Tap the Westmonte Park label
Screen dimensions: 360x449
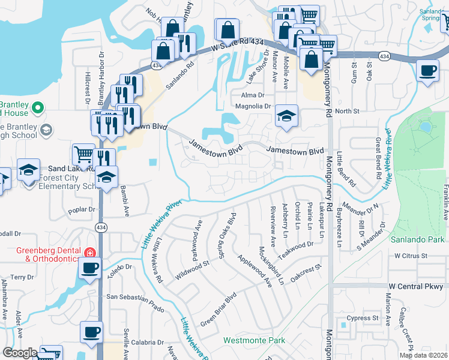click(254, 340)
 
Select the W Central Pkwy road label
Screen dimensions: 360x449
click(415, 286)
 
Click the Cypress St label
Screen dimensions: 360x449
click(364, 317)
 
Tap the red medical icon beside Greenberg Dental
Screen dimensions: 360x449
click(90, 252)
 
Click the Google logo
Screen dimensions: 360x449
click(20, 353)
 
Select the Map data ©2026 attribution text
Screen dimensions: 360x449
click(423, 355)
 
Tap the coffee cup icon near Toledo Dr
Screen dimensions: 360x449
click(89, 268)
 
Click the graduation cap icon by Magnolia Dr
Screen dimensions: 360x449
click(287, 115)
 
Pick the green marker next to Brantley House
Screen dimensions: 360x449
click(38, 107)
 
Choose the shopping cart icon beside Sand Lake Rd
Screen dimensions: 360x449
click(83, 154)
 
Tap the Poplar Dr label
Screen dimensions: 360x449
click(82, 210)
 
